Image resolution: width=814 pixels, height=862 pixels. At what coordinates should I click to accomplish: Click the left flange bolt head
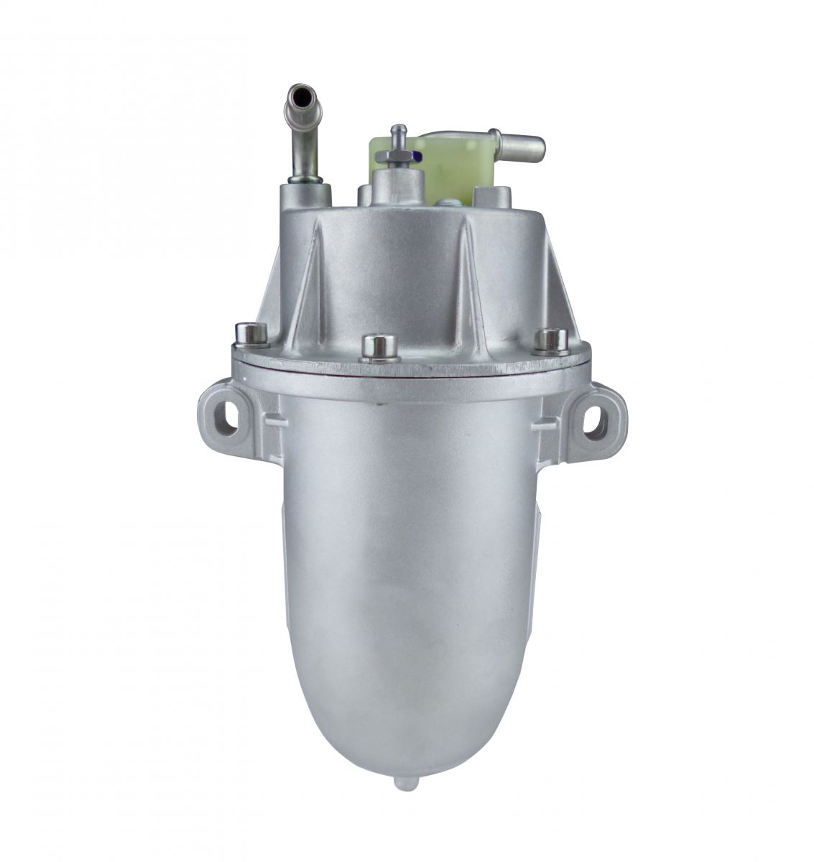point(251,333)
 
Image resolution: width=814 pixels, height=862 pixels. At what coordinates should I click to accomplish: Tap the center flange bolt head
point(380,346)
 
